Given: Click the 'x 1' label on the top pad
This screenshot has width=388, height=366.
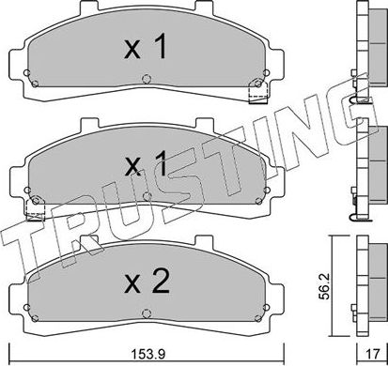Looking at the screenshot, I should pyautogui.click(x=146, y=48).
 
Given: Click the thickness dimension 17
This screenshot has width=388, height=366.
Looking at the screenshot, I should pyautogui.click(x=372, y=353).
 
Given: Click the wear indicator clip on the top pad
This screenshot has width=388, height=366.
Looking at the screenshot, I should pyautogui.click(x=252, y=92).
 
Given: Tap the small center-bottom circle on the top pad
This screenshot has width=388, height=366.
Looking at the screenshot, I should pyautogui.click(x=143, y=79).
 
